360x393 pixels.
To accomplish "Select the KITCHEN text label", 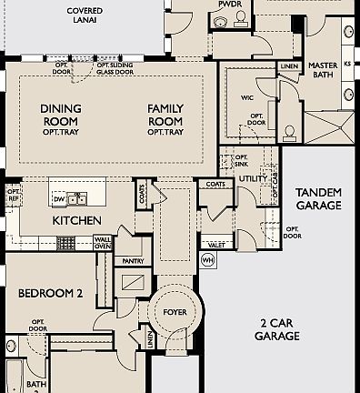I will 76,221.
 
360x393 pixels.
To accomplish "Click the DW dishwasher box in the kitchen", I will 58,197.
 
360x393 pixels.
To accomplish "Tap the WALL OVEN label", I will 103,243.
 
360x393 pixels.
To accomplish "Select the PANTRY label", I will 133,261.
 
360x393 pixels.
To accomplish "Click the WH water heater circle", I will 207,260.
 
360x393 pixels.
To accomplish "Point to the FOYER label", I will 174,312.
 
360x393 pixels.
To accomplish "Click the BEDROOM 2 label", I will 50,293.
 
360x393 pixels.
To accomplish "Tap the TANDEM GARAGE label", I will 318,199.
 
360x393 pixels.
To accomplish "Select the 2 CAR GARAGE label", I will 277,329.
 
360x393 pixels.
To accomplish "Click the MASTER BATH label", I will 322,72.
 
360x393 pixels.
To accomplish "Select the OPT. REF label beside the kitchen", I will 13,194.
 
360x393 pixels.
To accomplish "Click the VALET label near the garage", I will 216,245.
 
